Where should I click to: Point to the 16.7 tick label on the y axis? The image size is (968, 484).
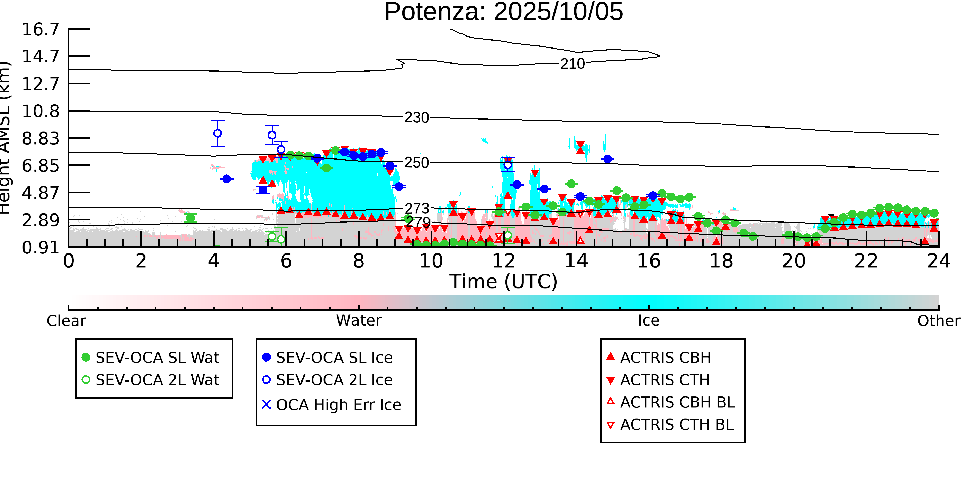41,29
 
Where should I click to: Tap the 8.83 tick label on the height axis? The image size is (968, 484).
41,139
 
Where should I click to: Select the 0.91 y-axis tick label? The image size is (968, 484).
41,248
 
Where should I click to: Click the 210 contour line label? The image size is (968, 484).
572,64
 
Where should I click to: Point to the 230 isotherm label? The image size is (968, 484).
416,118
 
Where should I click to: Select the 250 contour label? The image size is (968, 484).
416,163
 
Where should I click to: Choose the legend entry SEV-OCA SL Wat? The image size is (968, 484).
157,357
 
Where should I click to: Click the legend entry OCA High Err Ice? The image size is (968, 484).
338,405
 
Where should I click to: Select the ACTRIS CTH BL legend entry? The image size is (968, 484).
676,425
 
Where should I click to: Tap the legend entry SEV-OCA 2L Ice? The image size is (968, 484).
334,380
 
